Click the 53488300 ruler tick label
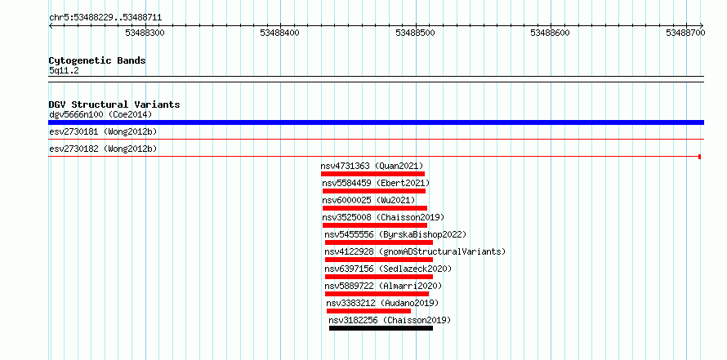pos(145,33)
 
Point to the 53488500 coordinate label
pos(416,33)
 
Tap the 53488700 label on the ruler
pos(685,33)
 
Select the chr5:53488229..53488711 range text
pos(105,18)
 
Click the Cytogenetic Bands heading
pos(97,60)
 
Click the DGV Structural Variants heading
pos(114,104)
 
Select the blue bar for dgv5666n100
pos(376,122)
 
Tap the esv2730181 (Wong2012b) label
pos(103,132)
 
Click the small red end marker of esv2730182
pos(700,157)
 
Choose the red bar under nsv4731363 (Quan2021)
pos(372,174)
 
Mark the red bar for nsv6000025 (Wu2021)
pos(375,208)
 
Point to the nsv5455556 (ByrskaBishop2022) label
pos(395,235)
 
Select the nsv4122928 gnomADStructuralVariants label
pos(415,252)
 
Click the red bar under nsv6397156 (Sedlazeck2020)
pos(379,277)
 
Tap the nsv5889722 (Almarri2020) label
pos(383,287)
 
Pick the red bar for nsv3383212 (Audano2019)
pos(368,311)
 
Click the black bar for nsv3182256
pos(381,328)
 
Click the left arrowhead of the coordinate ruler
pos(51,26)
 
